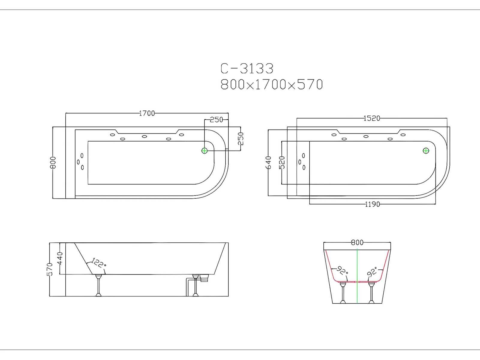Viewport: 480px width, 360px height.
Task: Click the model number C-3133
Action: (x=247, y=68)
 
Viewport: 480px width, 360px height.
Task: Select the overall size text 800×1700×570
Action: (x=271, y=84)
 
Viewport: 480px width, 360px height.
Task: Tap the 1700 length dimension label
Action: (x=147, y=113)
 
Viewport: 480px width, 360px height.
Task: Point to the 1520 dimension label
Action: (x=372, y=118)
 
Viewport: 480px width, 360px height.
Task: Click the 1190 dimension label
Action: (x=372, y=204)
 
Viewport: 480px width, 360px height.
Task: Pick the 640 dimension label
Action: (x=268, y=163)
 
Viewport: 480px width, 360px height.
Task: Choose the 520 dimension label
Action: (x=282, y=163)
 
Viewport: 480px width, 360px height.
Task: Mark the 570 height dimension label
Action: (x=50, y=269)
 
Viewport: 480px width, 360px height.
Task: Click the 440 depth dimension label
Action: (x=60, y=258)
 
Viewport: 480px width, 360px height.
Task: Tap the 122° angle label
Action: (x=99, y=263)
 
